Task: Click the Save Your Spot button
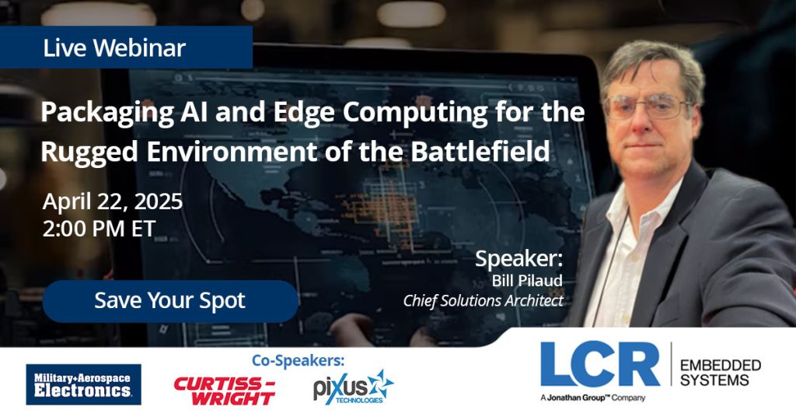169,301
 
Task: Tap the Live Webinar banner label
114,48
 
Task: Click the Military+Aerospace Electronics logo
83,384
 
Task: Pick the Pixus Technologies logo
354,387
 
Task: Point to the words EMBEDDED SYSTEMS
720,373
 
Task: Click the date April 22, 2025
113,201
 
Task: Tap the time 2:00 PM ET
99,228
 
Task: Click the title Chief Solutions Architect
483,300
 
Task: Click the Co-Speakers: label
298,360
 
